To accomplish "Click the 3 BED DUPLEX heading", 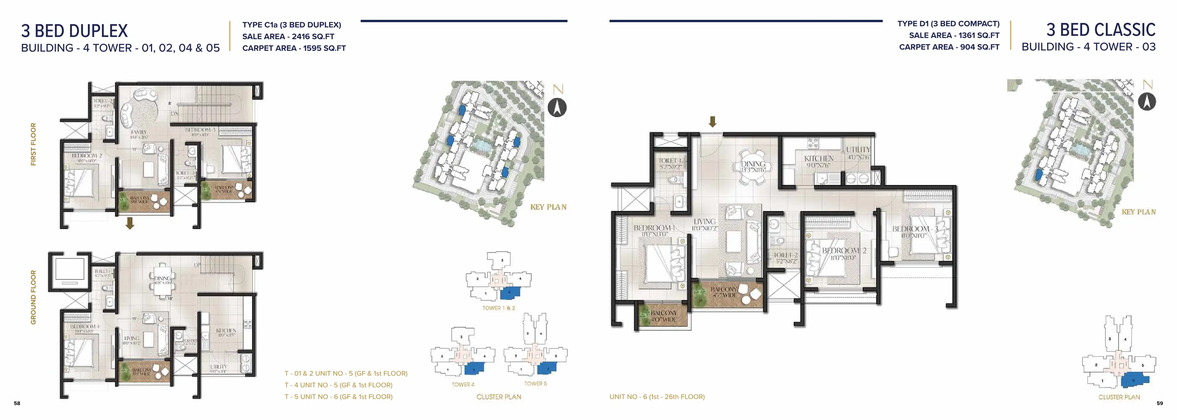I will pos(74,31).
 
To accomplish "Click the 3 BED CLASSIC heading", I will pos(1101,30).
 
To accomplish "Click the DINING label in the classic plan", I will pos(753,164).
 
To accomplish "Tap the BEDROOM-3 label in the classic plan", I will pos(915,229).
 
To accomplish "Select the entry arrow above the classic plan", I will pos(712,121).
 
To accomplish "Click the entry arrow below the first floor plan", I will pos(130,223).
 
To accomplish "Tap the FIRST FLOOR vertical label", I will pos(33,144).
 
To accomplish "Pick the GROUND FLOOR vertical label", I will pos(33,297).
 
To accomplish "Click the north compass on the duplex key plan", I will pos(557,108).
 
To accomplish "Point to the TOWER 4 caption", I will pos(463,384).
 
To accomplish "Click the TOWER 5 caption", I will pos(535,384).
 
